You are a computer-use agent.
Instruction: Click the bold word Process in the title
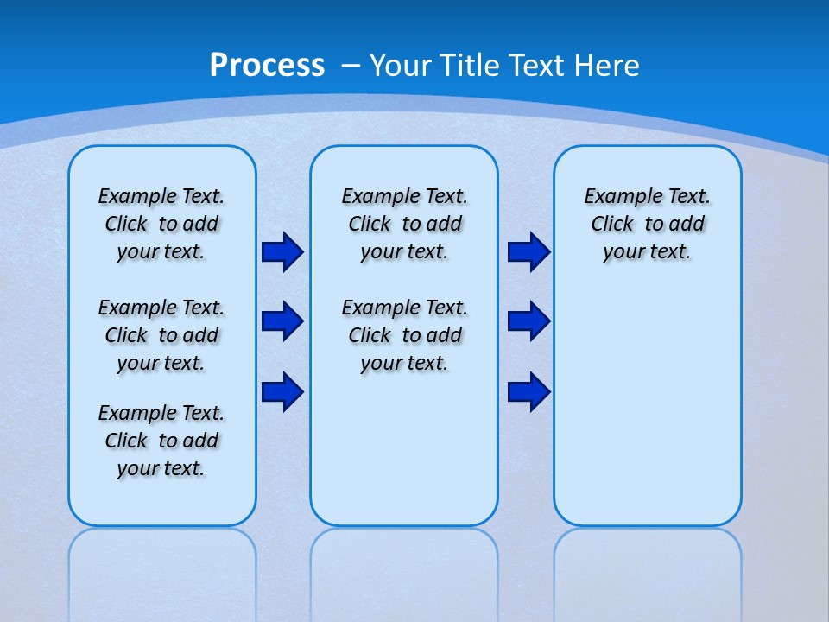tap(267, 65)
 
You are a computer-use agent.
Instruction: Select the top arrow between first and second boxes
tap(282, 252)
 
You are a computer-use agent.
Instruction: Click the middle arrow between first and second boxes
tap(282, 321)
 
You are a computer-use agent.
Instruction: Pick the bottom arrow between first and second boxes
tap(282, 391)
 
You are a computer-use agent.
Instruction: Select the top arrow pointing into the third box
tap(528, 252)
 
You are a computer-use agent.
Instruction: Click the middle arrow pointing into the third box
tap(528, 321)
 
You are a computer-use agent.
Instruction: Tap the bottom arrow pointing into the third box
tap(528, 391)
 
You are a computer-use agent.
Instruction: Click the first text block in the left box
tap(161, 224)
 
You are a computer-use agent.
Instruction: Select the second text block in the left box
tap(161, 335)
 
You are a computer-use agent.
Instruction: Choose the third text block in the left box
tap(161, 441)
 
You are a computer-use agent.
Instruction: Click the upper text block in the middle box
tap(405, 224)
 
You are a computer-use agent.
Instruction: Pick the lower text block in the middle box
tap(405, 335)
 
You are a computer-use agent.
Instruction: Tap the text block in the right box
tap(648, 224)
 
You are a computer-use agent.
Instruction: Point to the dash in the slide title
tap(351, 65)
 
